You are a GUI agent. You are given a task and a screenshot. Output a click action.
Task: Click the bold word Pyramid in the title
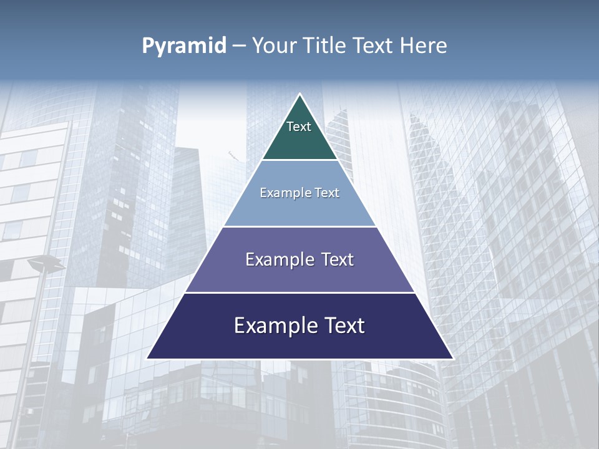(184, 46)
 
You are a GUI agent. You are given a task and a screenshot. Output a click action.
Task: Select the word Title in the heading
(326, 46)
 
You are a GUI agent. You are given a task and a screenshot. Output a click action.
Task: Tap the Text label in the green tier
(299, 127)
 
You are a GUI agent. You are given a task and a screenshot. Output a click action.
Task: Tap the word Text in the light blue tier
(328, 193)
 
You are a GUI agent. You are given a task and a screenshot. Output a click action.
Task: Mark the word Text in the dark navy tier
(344, 326)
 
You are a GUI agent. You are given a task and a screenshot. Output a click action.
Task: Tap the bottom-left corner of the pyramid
(148, 358)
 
